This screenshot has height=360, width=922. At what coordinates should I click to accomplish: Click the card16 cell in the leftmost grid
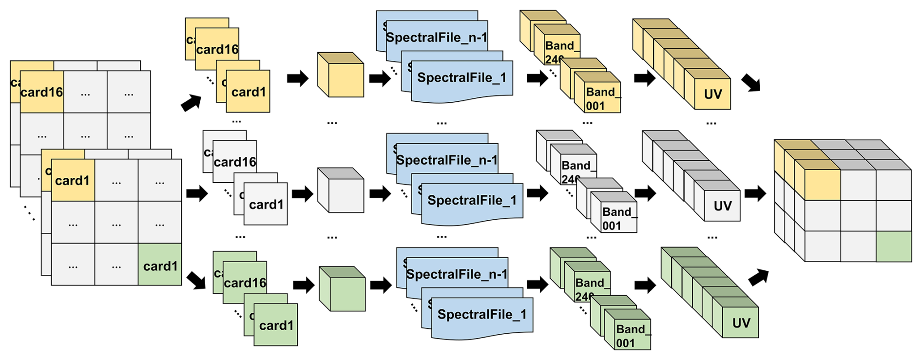point(42,92)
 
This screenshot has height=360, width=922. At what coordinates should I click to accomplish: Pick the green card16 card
point(245,283)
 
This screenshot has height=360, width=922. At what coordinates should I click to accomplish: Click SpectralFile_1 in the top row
point(461,78)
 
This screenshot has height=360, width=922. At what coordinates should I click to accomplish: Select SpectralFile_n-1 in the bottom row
point(457,274)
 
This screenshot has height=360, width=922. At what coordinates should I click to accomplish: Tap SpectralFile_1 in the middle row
point(472,201)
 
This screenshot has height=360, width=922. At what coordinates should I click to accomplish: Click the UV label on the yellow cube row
point(712,94)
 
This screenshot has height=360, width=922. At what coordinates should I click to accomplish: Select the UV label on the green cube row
point(741,322)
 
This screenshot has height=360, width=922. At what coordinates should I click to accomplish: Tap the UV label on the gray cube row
point(722,206)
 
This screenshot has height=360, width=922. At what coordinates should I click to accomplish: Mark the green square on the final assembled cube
point(894,246)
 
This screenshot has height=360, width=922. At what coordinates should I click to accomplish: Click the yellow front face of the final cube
point(823,185)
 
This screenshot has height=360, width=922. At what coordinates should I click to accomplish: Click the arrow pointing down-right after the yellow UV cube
point(751,83)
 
